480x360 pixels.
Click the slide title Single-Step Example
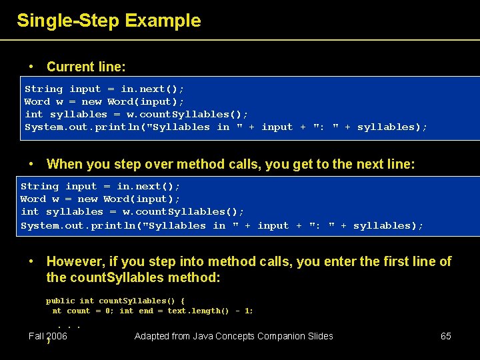click(x=109, y=21)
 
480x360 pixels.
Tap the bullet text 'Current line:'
click(x=86, y=67)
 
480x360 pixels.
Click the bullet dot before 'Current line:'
click(x=31, y=67)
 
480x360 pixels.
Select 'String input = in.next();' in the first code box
click(x=105, y=89)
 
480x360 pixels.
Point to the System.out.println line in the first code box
click(x=226, y=127)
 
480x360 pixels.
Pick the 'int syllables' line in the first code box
click(x=136, y=114)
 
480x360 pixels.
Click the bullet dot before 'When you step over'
click(x=31, y=164)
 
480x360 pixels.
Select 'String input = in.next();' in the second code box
click(x=101, y=186)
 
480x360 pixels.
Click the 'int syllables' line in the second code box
click(x=132, y=211)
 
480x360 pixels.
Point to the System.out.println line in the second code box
click(x=222, y=225)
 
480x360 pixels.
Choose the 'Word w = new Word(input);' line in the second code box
click(x=101, y=199)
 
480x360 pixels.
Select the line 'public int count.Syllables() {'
click(x=115, y=301)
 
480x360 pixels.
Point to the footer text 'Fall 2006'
click(x=48, y=336)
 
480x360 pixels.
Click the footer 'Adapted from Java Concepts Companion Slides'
click(x=233, y=336)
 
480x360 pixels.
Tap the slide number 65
click(x=446, y=336)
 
